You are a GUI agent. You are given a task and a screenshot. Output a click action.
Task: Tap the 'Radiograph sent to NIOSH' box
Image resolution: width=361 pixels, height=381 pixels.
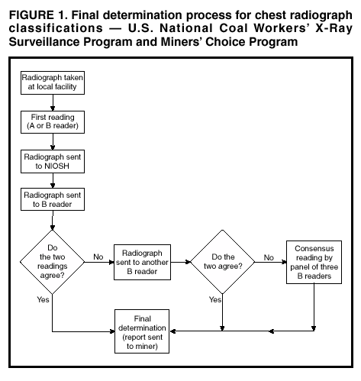click(52, 160)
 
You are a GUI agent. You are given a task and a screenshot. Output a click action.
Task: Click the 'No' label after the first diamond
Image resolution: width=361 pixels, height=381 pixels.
click(97, 257)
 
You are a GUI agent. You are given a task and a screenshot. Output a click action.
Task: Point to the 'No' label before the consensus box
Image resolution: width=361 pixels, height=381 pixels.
click(268, 257)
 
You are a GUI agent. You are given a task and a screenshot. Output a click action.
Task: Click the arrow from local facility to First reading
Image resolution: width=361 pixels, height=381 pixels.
click(52, 104)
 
